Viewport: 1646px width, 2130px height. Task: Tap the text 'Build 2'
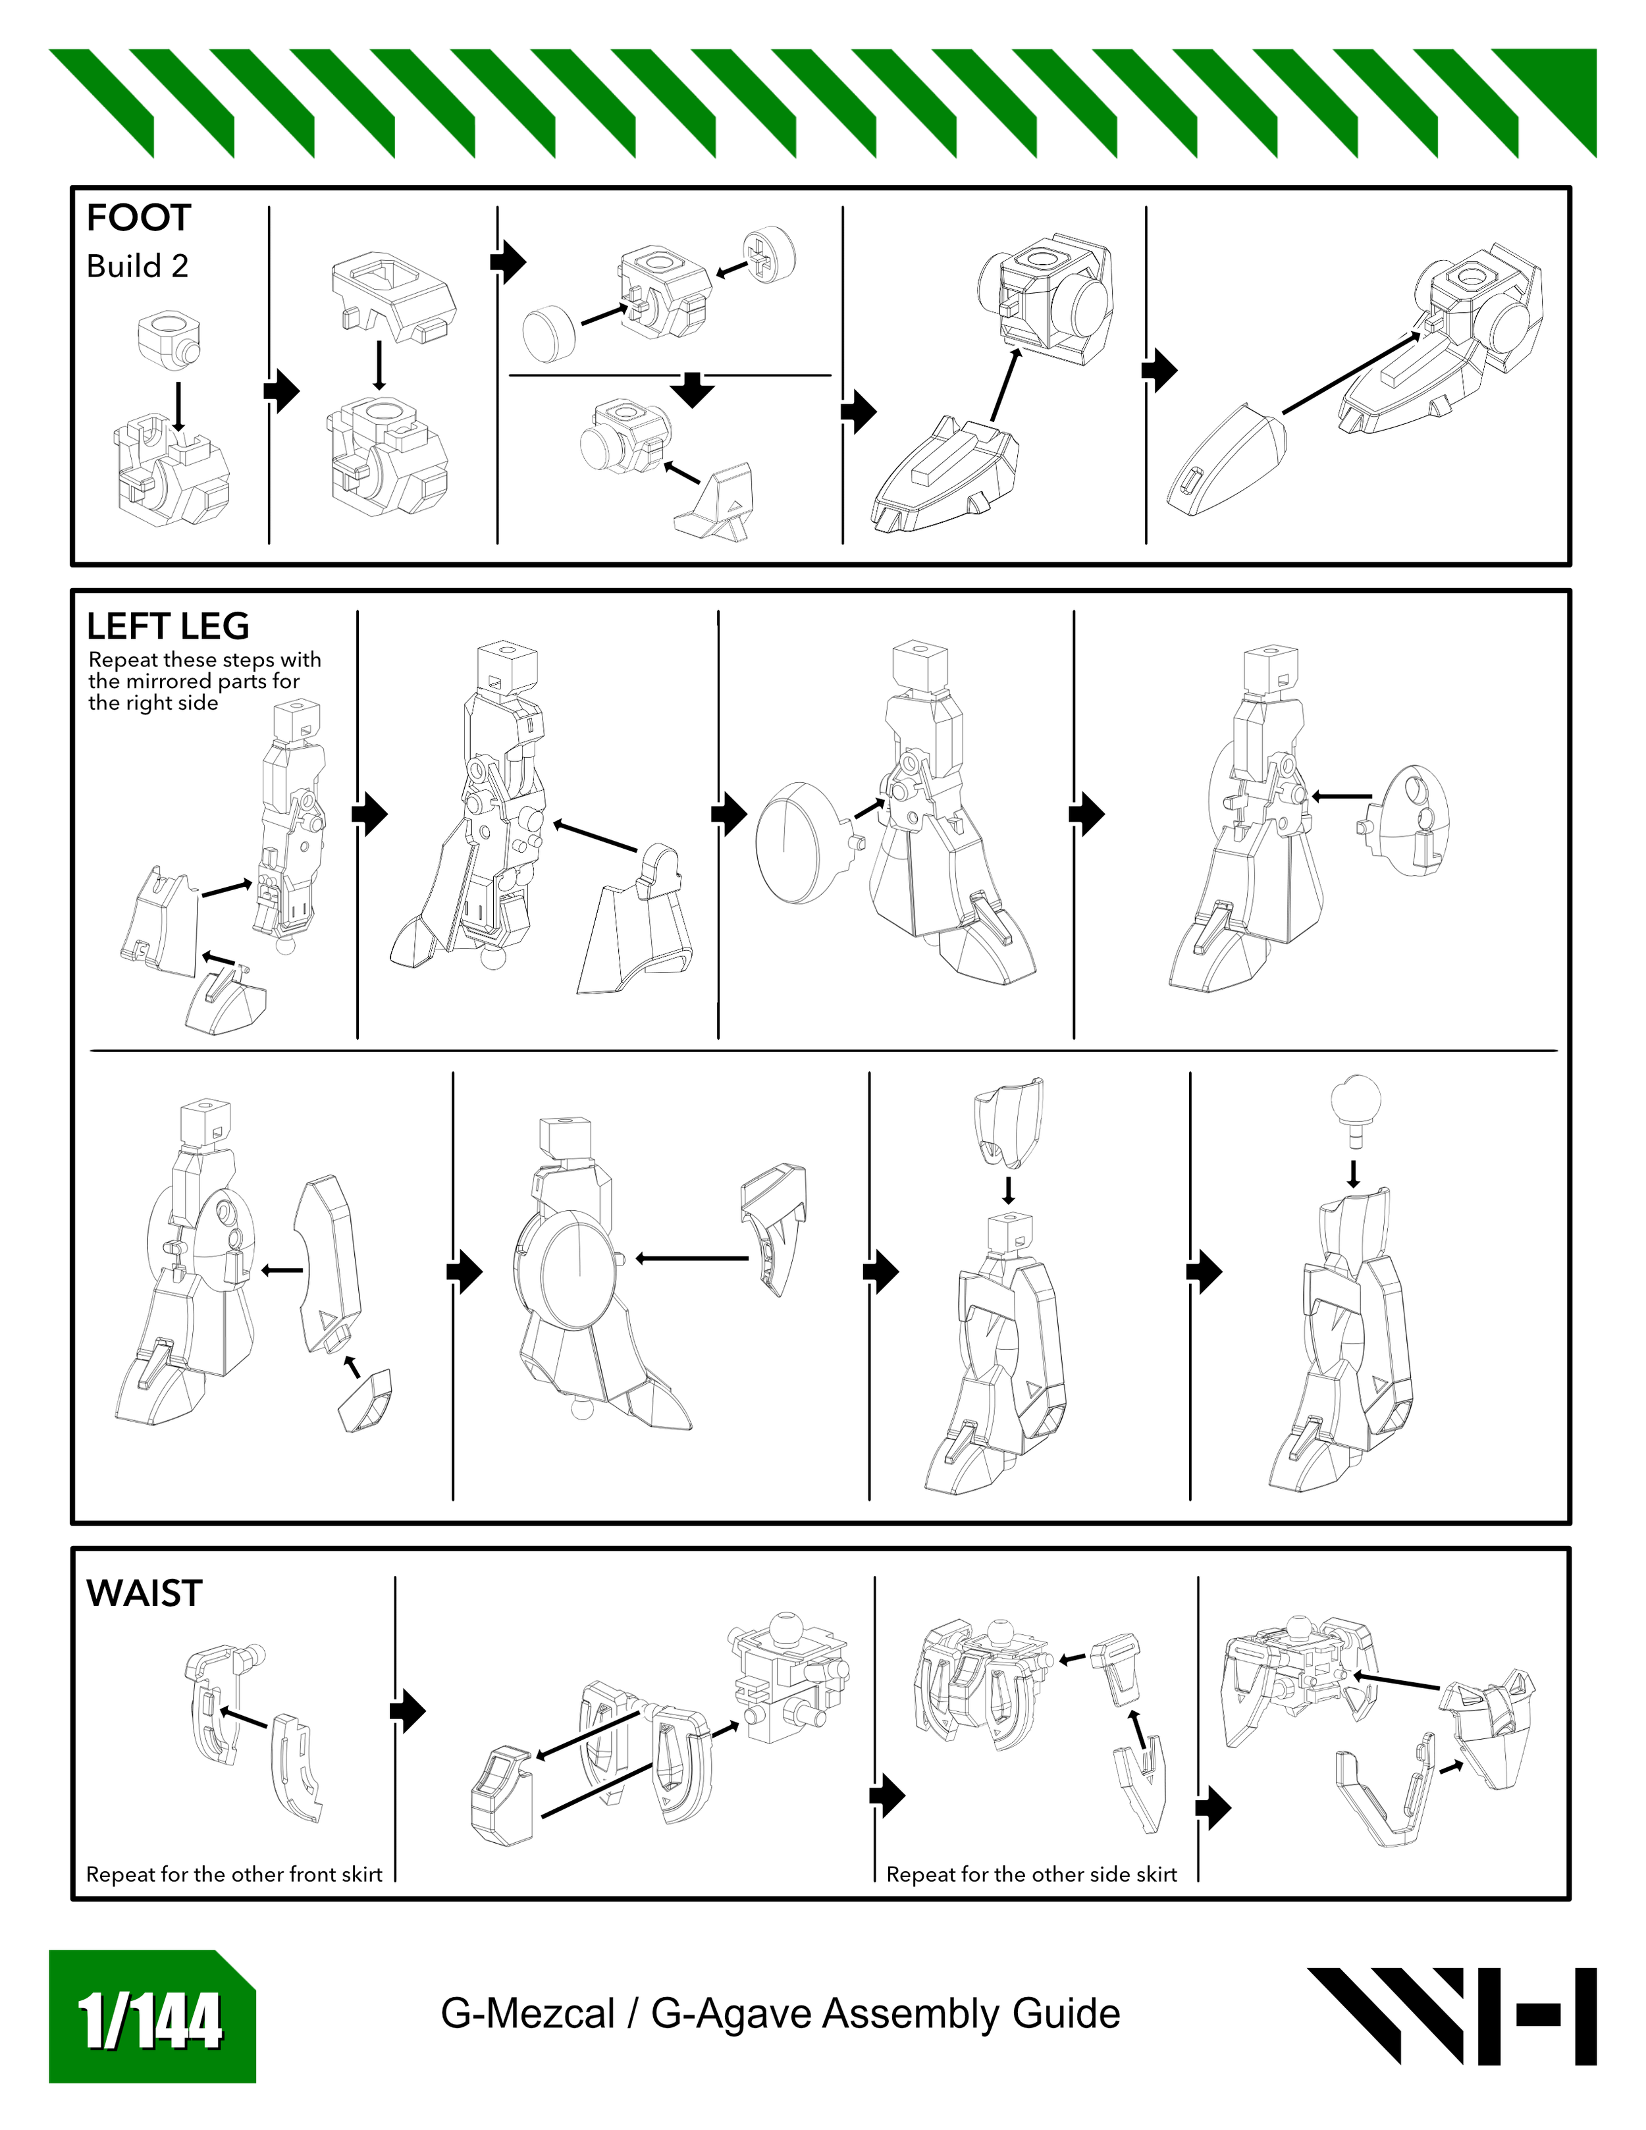(x=138, y=266)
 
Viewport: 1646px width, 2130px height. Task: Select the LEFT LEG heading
(x=168, y=625)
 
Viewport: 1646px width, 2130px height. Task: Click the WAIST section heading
(x=144, y=1593)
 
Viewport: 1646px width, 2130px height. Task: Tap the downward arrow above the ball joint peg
(x=1354, y=1172)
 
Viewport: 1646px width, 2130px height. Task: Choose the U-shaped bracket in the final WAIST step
(x=1383, y=1796)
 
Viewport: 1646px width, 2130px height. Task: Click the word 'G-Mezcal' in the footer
(x=527, y=2014)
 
